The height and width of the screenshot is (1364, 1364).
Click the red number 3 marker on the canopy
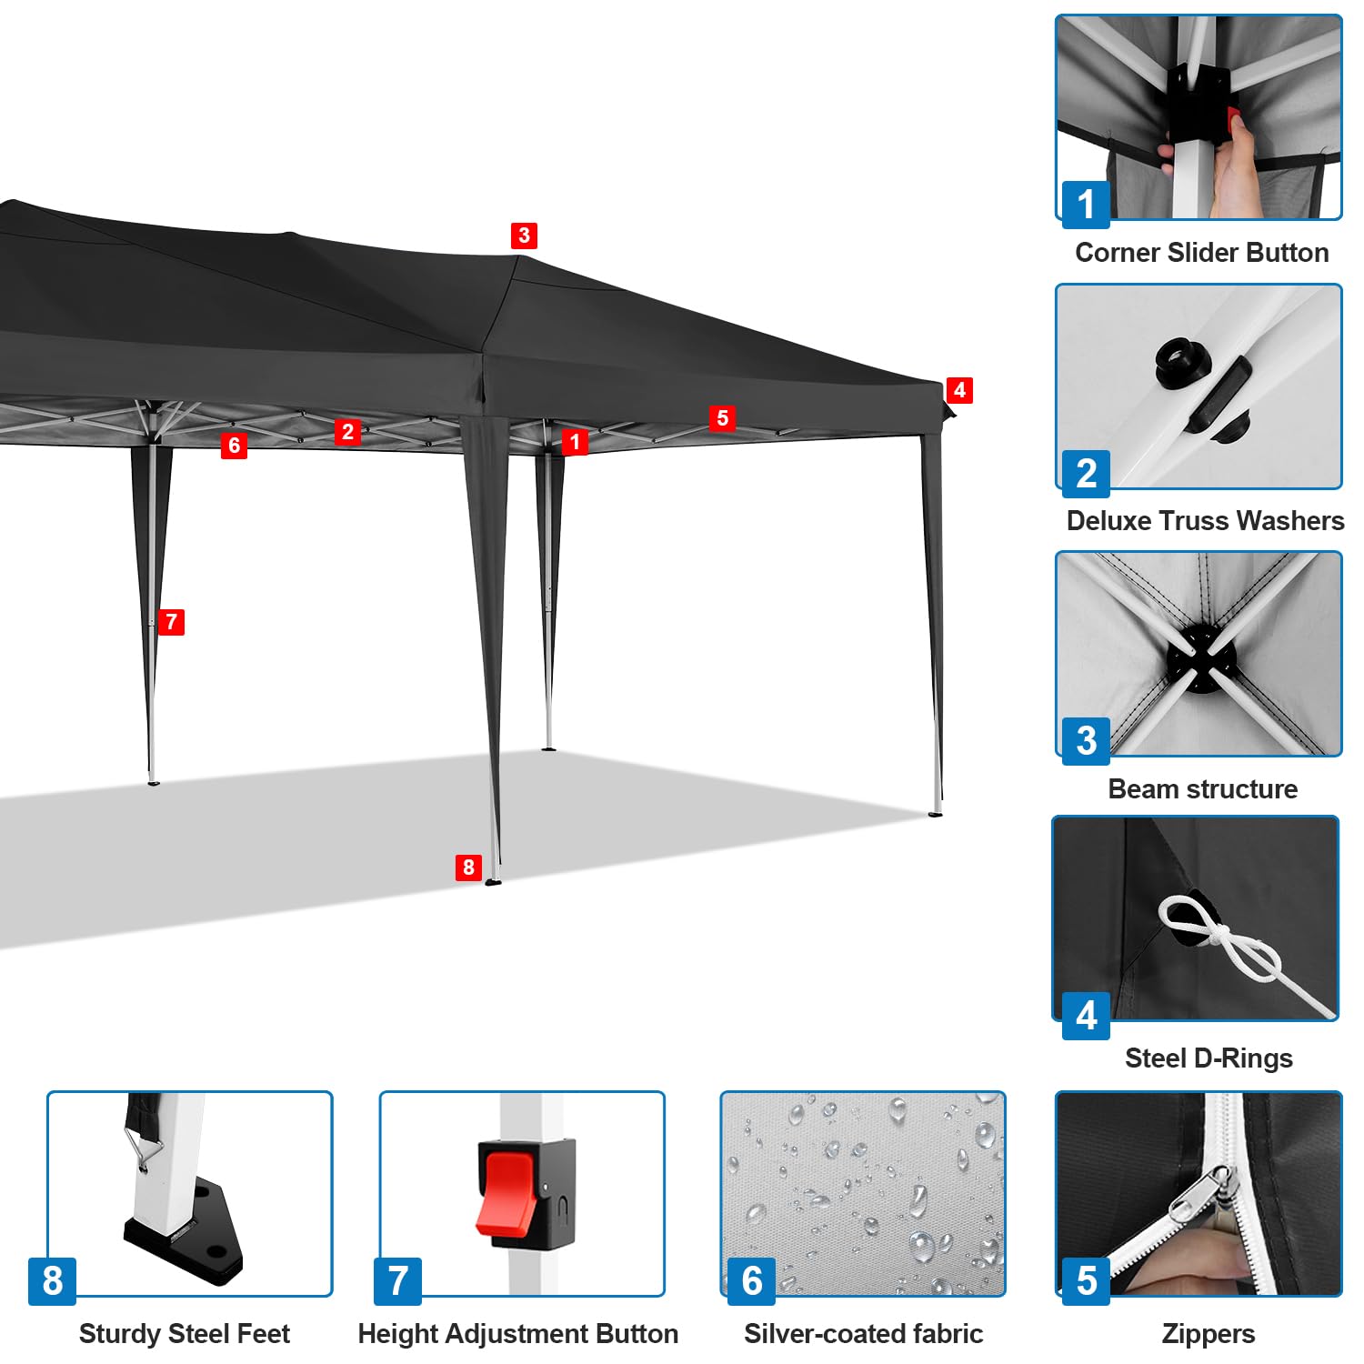click(524, 236)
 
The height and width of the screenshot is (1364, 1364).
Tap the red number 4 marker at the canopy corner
click(959, 390)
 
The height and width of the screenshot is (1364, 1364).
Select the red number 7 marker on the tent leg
click(171, 622)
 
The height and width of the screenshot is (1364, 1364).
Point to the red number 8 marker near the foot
click(468, 867)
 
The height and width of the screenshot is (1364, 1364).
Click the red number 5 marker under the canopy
click(723, 417)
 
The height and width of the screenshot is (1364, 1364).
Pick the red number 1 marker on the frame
click(575, 442)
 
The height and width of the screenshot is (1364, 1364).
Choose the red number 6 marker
click(234, 445)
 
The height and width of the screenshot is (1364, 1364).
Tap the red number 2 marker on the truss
click(347, 431)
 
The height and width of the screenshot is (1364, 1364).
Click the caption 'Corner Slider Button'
click(1201, 252)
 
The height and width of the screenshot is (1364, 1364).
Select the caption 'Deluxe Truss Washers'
click(1205, 520)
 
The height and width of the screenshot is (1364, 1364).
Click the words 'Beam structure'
click(1202, 788)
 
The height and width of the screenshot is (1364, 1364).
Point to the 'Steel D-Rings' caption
click(1209, 1058)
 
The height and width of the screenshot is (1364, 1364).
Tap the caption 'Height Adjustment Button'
click(517, 1333)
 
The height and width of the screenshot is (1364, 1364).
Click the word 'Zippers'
click(1208, 1334)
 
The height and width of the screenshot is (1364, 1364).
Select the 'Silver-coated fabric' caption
click(863, 1333)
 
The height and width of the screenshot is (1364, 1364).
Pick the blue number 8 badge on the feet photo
click(52, 1280)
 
